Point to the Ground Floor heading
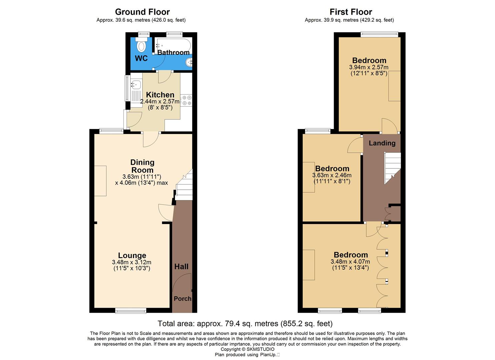point(142,12)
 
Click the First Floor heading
point(351,12)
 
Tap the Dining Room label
point(142,166)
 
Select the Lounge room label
point(132,255)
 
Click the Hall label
point(181,266)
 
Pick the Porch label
point(183,299)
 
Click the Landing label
point(382,143)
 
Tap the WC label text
point(141,58)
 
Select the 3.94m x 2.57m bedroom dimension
point(369,67)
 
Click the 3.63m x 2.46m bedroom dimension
point(332,175)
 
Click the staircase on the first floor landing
point(392,167)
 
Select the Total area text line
point(245,323)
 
